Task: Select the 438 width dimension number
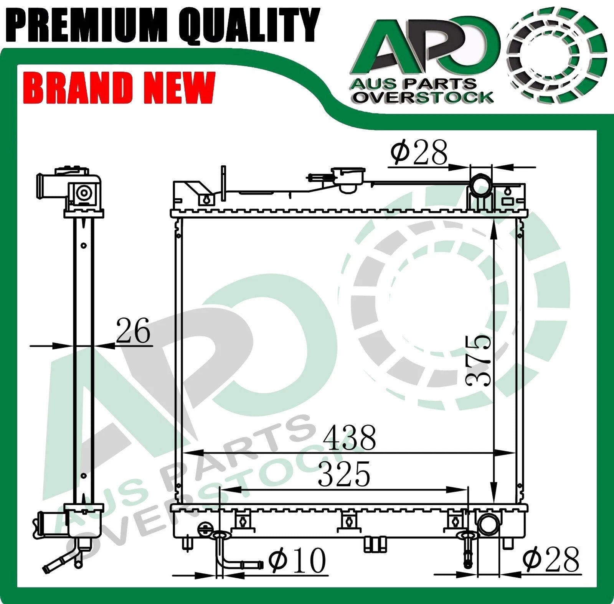[349, 438]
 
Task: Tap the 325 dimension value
[344, 474]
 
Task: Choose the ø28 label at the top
[419, 152]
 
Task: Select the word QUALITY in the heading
[248, 25]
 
